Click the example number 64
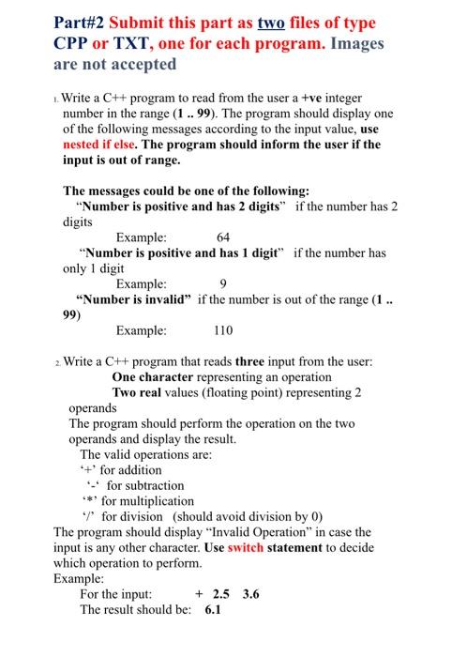(x=223, y=237)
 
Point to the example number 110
(x=223, y=330)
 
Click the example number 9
(x=223, y=283)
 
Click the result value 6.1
(x=213, y=609)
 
